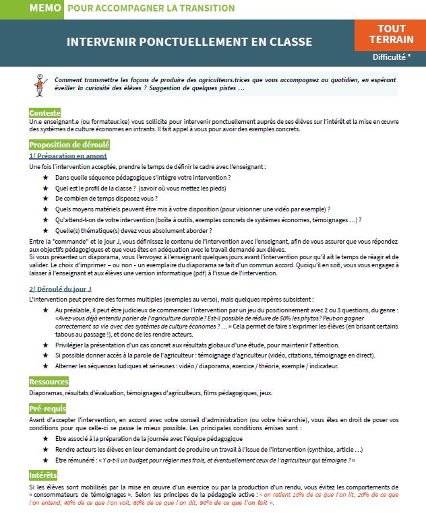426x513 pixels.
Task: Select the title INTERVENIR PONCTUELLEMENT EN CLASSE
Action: click(189, 42)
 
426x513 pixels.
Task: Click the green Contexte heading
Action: click(45, 112)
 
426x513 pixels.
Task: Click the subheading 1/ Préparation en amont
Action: click(68, 156)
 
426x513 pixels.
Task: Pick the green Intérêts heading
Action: click(43, 475)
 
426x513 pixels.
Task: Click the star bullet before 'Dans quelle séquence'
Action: click(46, 177)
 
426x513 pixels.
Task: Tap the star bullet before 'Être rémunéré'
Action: click(46, 460)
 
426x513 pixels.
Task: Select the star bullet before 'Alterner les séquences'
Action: click(46, 366)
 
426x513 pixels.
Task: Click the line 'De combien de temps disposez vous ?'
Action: click(106, 199)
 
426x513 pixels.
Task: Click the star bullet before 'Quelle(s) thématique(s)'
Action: click(46, 230)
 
